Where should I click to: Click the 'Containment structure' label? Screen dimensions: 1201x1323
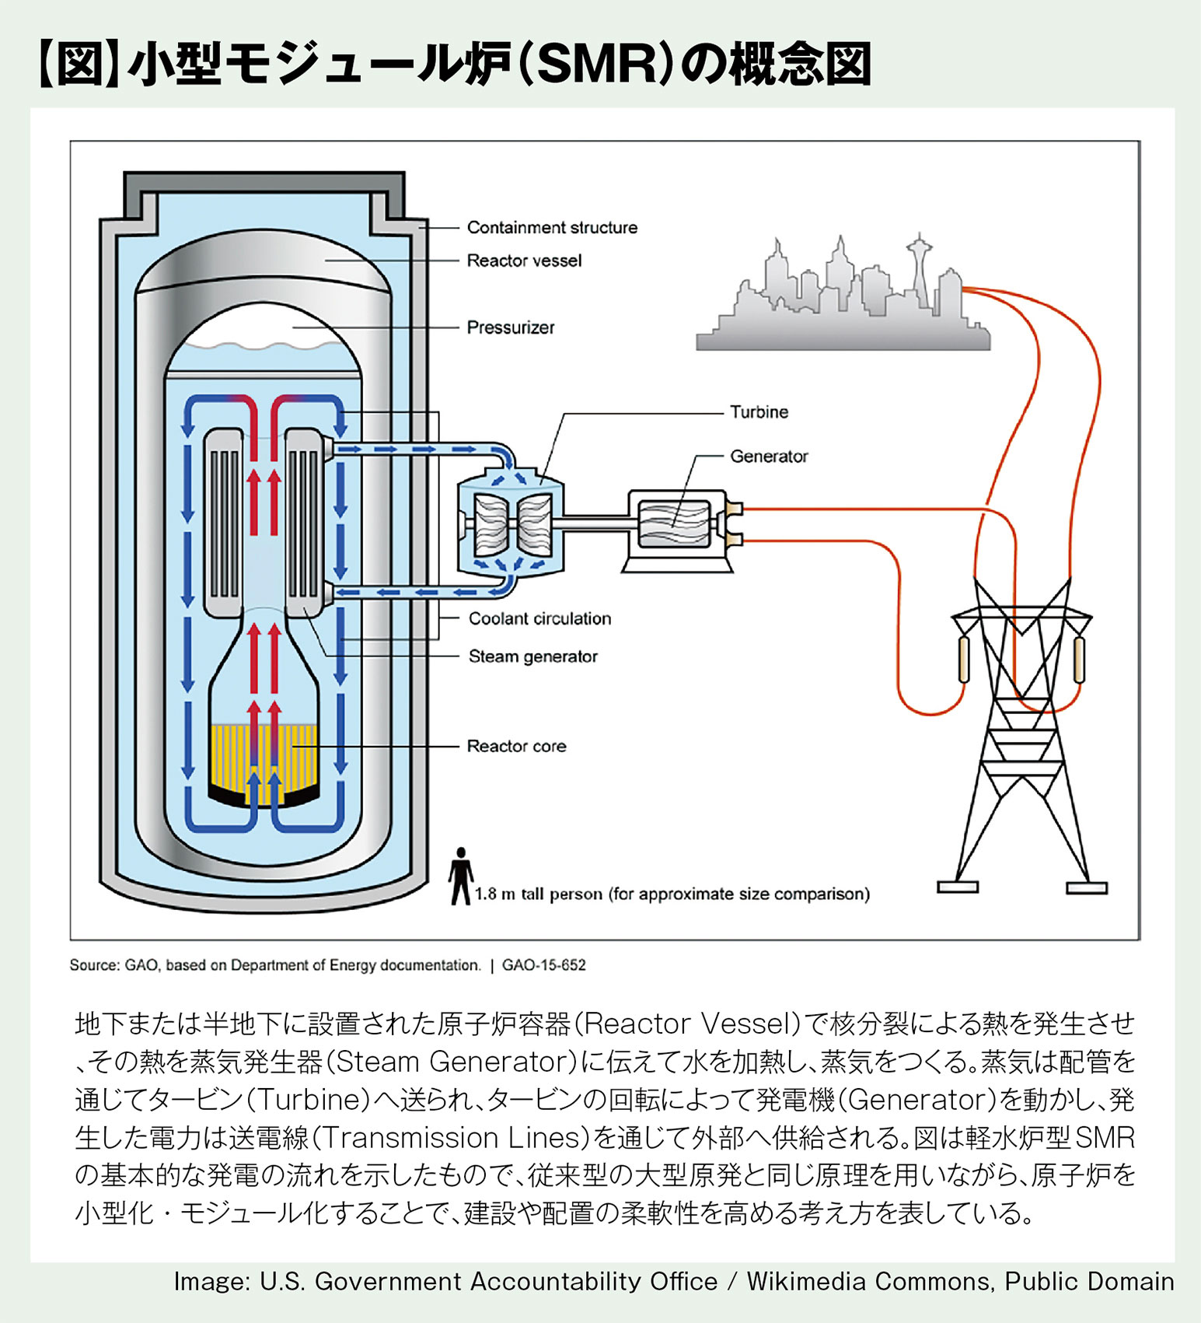[x=552, y=228]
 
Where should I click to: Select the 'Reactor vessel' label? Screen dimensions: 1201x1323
[x=524, y=261]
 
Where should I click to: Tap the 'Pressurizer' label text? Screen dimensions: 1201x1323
[x=511, y=327]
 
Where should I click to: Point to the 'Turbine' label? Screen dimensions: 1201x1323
[x=759, y=412]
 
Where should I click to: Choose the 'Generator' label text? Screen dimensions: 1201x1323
[x=769, y=457]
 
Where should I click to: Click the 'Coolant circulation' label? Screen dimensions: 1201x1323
[x=539, y=619]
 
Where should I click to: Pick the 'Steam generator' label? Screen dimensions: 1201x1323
[x=532, y=656]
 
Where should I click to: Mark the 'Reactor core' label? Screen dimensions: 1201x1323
[x=516, y=747]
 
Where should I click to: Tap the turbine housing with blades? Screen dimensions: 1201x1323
[x=510, y=523]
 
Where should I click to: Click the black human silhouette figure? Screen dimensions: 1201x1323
[x=461, y=876]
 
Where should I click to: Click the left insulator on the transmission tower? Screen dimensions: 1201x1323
[x=964, y=659]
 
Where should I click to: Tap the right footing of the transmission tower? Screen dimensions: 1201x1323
[x=1087, y=887]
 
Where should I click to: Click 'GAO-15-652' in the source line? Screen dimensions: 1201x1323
[x=543, y=965]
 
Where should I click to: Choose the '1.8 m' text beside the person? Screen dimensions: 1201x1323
[x=495, y=894]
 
